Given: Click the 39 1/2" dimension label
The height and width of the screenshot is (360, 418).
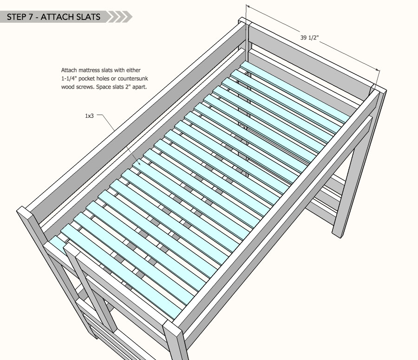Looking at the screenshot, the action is pyautogui.click(x=309, y=38).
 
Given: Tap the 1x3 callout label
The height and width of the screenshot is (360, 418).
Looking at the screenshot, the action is pyautogui.click(x=89, y=116).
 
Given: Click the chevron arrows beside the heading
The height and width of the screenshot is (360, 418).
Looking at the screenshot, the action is pyautogui.click(x=120, y=17).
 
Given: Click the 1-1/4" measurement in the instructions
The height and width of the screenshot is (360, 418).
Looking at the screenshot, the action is pyautogui.click(x=69, y=78).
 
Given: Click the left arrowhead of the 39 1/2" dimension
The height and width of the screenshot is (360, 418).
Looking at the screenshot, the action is pyautogui.click(x=248, y=6).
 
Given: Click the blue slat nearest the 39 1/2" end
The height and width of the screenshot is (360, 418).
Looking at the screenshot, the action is pyautogui.click(x=295, y=92).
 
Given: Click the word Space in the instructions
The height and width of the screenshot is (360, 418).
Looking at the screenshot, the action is pyautogui.click(x=103, y=87).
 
